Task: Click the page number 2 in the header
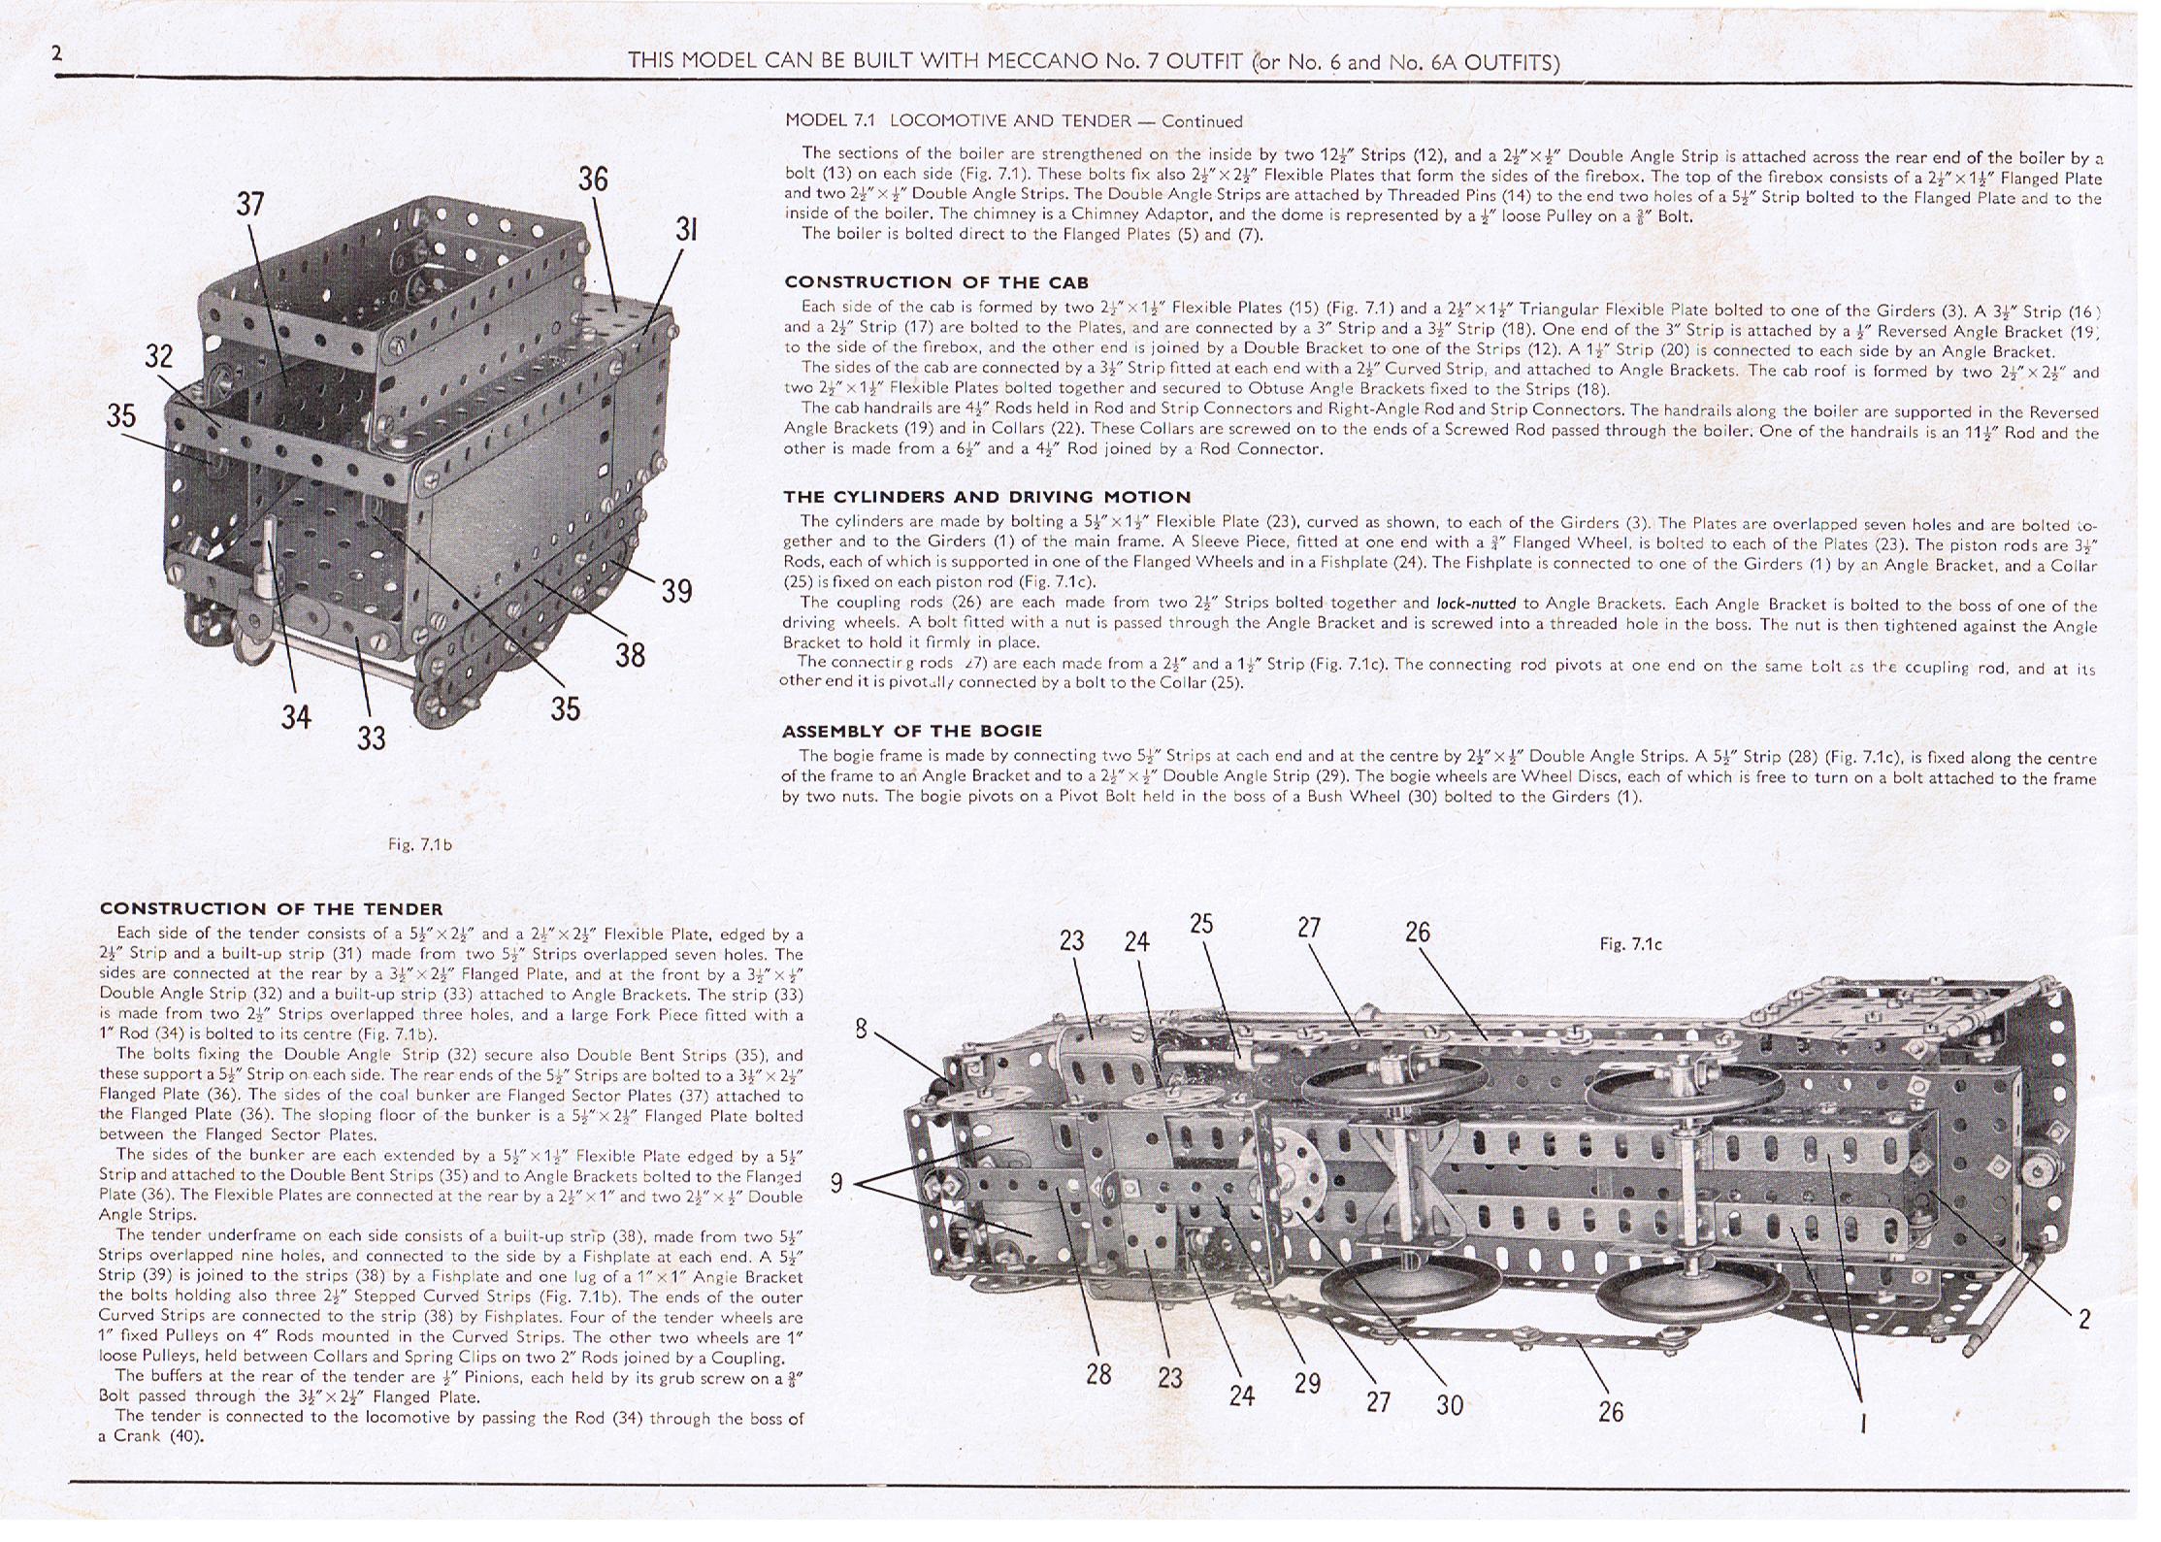click(57, 53)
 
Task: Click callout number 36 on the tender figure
click(593, 180)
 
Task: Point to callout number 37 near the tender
click(250, 205)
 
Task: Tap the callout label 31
click(686, 230)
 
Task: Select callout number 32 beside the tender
click(159, 356)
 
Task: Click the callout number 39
click(676, 591)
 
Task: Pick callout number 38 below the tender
click(630, 656)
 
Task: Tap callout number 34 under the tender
click(296, 717)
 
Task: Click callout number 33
click(371, 738)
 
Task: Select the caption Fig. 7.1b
click(419, 845)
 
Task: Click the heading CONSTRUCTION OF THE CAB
click(936, 282)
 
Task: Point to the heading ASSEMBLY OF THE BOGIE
click(912, 731)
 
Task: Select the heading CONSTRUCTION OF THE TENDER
click(271, 909)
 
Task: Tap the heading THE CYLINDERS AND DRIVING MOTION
click(987, 497)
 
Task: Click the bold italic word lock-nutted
click(1475, 604)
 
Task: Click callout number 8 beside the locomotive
click(861, 1029)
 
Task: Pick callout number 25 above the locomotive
click(1201, 924)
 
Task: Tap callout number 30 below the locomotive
click(1449, 1404)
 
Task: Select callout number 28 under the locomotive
click(1098, 1374)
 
